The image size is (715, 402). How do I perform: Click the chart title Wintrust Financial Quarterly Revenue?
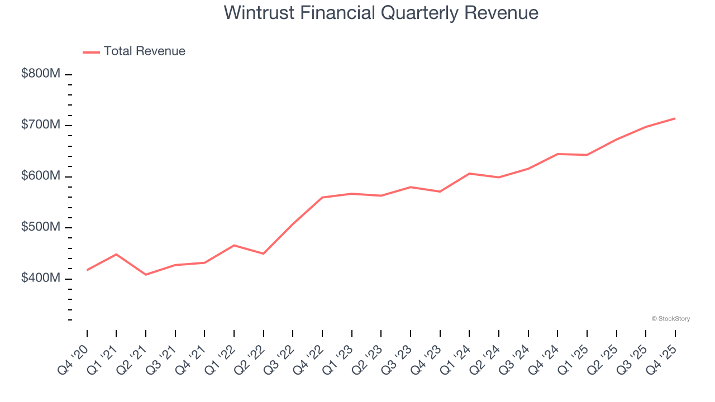pyautogui.click(x=381, y=13)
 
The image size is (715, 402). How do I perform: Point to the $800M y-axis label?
pyautogui.click(x=40, y=74)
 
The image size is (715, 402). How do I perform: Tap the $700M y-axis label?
pyautogui.click(x=40, y=125)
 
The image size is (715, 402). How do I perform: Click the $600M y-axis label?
pyautogui.click(x=40, y=176)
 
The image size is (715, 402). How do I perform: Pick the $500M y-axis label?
pyautogui.click(x=40, y=228)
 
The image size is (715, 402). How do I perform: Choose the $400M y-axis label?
pyautogui.click(x=40, y=279)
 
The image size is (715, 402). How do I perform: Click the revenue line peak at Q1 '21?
pyautogui.click(x=116, y=254)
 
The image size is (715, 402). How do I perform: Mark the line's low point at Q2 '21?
pyautogui.click(x=146, y=275)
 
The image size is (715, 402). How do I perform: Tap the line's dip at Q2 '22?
pyautogui.click(x=263, y=253)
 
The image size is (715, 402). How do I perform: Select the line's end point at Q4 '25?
pyautogui.click(x=675, y=118)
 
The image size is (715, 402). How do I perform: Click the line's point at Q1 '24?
pyautogui.click(x=469, y=174)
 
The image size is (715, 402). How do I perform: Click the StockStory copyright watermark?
pyautogui.click(x=670, y=319)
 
